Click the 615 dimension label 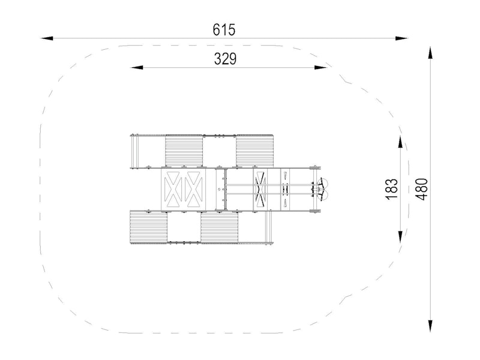point(224,29)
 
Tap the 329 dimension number point(226,59)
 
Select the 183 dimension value point(392,190)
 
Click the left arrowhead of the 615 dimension point(47,38)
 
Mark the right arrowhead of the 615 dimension point(401,38)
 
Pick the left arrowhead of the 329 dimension point(137,67)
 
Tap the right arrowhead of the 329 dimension point(320,67)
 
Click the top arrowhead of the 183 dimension point(401,142)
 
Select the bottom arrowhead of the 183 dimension point(401,236)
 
